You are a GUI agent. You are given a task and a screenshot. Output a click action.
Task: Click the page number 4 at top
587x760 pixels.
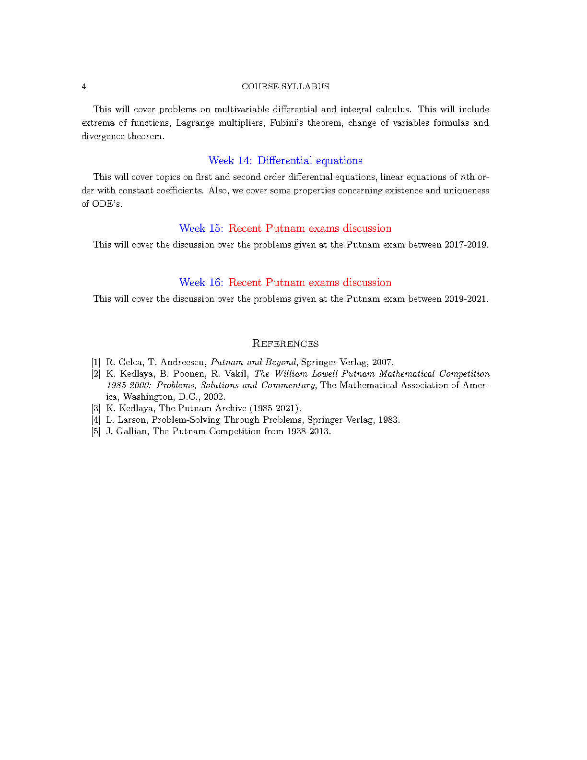[84, 86]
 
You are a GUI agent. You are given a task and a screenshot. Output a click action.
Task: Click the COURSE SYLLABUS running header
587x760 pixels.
[285, 86]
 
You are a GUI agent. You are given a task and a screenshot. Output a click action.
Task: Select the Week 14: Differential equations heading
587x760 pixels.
[285, 161]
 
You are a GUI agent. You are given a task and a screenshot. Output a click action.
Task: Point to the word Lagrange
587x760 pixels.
[195, 123]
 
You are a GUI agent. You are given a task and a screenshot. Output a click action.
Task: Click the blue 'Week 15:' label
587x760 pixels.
[201, 228]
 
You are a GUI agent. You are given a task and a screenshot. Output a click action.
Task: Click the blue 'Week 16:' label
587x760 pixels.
[201, 283]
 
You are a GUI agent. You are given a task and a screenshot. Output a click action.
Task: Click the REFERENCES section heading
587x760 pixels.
[285, 344]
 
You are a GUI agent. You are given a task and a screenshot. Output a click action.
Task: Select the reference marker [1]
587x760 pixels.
[96, 362]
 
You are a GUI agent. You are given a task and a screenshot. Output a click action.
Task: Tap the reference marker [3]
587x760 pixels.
[96, 408]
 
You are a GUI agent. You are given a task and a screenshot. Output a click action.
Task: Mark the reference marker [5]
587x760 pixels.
[96, 431]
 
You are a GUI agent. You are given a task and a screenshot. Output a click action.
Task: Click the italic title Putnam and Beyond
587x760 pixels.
[253, 362]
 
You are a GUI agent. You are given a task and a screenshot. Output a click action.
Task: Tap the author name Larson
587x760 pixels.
[132, 420]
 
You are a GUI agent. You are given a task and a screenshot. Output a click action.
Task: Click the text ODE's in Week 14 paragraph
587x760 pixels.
[106, 204]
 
